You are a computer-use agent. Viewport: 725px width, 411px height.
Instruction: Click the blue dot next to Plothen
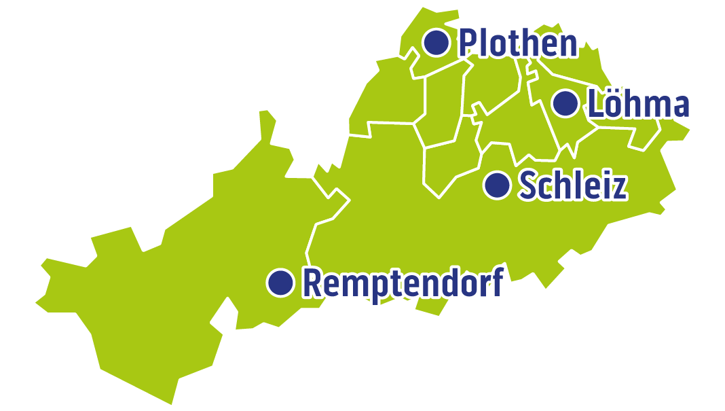click(x=436, y=43)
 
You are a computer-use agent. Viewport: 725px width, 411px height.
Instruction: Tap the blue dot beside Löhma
click(x=565, y=103)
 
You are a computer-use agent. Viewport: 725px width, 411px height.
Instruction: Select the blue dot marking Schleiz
click(x=498, y=185)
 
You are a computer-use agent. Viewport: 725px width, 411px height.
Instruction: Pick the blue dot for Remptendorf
click(x=280, y=282)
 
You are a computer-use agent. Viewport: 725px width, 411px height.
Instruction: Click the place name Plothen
click(x=517, y=43)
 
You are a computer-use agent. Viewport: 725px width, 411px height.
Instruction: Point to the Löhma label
click(x=638, y=105)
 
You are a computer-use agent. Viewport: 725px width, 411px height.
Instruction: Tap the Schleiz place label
click(x=572, y=185)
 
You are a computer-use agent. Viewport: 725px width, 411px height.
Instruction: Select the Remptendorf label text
click(x=403, y=283)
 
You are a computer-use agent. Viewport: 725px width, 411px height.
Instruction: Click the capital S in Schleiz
click(x=528, y=186)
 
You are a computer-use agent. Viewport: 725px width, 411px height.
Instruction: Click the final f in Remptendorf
click(x=496, y=281)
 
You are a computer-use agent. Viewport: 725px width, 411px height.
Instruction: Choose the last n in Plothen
click(x=568, y=46)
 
